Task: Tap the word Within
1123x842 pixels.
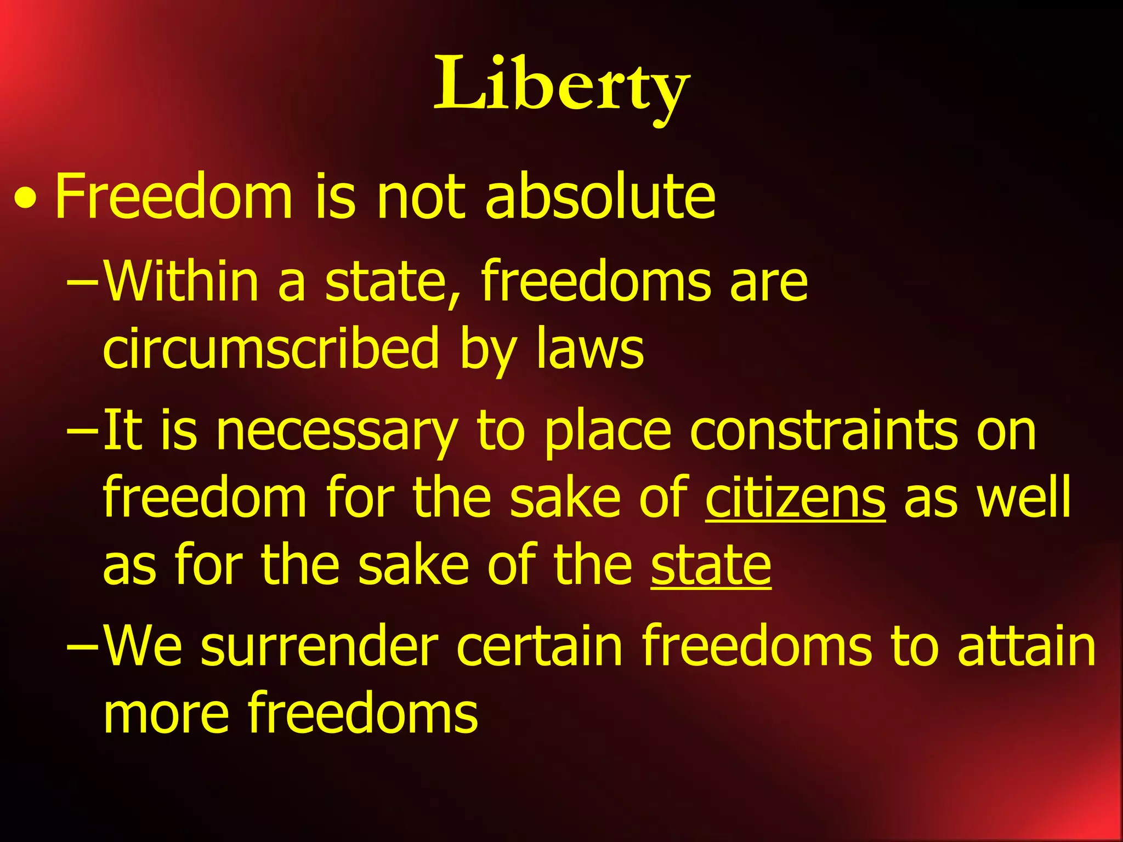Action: pos(181,281)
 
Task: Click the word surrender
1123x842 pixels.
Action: pos(320,647)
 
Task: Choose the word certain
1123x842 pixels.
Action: pos(540,647)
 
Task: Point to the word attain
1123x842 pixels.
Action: pos(1026,647)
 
